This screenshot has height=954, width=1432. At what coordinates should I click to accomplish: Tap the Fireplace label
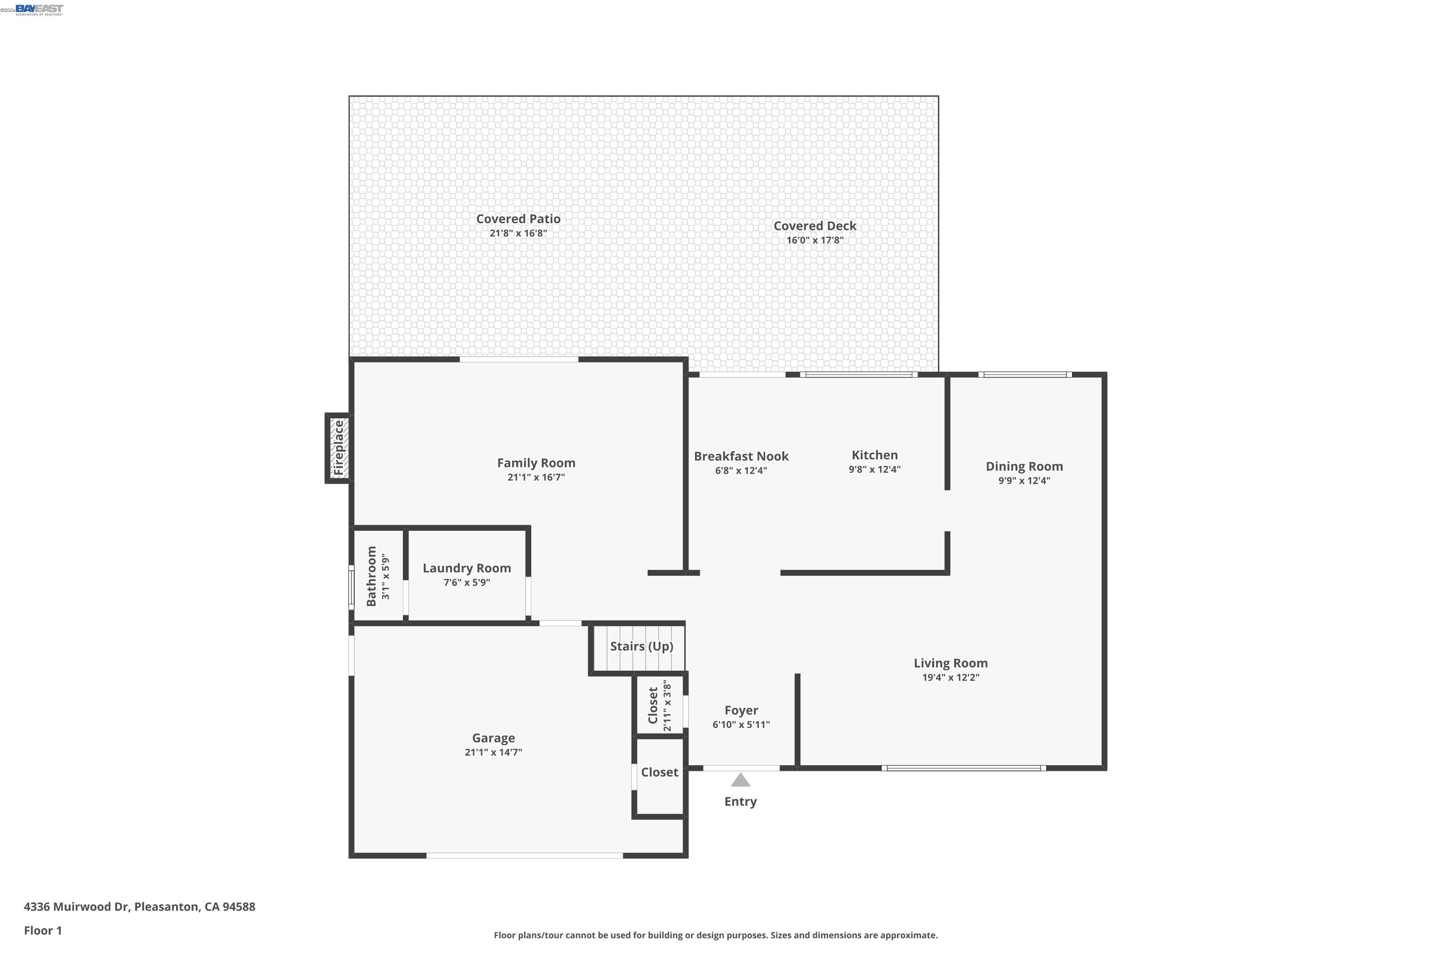(x=338, y=448)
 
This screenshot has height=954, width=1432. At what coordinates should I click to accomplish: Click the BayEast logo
(x=39, y=9)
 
